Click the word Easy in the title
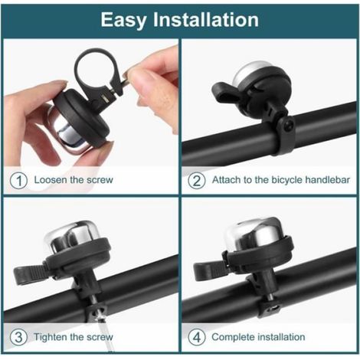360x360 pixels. point(124,21)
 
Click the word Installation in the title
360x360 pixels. point(206,20)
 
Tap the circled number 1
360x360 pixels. point(18,181)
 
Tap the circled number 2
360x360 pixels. point(196,181)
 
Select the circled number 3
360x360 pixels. point(18,337)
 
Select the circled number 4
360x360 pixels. point(196,337)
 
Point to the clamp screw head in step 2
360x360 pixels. point(288,126)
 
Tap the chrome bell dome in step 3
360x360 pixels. point(73,236)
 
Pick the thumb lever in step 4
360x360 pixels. point(209,271)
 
